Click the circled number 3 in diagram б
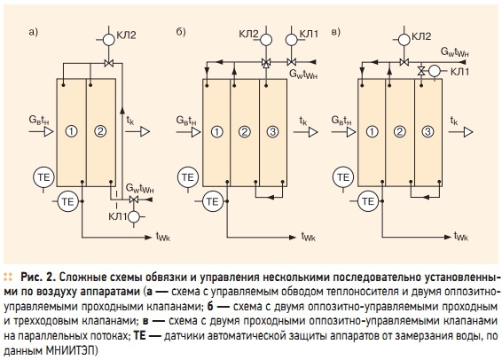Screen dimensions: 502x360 click(x=273, y=131)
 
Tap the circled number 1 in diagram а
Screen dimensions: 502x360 click(x=71, y=131)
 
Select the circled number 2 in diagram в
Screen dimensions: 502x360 click(x=400, y=131)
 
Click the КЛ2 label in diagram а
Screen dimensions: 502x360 click(x=126, y=35)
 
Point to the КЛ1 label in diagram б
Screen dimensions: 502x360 click(x=309, y=34)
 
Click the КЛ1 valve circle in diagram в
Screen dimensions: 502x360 click(x=435, y=71)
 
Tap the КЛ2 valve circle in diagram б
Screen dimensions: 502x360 click(x=266, y=40)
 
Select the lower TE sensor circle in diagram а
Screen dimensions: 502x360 click(x=68, y=201)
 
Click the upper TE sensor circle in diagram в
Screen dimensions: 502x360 click(x=343, y=177)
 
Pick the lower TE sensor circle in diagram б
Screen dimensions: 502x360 click(x=212, y=201)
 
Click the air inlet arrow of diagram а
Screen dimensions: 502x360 click(x=41, y=131)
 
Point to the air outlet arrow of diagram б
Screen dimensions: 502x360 click(x=305, y=132)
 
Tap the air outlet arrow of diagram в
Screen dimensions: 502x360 click(x=460, y=132)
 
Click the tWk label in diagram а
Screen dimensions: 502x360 click(x=163, y=237)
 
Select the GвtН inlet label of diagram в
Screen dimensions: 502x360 click(x=341, y=121)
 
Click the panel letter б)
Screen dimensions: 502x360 click(x=181, y=32)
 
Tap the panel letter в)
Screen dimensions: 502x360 click(x=336, y=32)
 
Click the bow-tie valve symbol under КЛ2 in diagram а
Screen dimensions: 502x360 click(x=109, y=64)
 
